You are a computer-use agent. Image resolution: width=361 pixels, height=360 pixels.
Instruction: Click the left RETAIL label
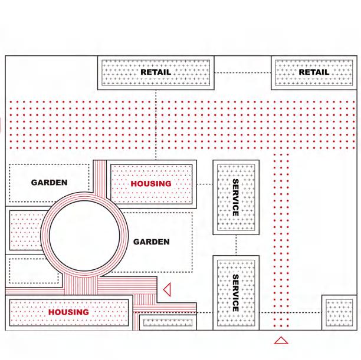[156, 72]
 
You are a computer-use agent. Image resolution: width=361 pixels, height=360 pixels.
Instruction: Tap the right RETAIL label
[314, 72]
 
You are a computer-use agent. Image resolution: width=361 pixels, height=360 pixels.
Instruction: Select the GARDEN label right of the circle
[151, 242]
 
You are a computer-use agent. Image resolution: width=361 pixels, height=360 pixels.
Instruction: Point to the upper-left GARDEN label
[49, 183]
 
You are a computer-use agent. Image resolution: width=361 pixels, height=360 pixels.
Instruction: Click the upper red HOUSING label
[151, 184]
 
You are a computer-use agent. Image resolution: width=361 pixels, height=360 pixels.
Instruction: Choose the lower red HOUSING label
[68, 312]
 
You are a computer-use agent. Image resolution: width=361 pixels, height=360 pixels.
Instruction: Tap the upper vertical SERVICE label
[235, 197]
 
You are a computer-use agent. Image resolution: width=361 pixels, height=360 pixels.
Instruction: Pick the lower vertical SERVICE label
[235, 293]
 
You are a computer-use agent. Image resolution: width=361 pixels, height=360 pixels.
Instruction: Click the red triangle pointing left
[167, 289]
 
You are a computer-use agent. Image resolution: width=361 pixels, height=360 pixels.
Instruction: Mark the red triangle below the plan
[281, 339]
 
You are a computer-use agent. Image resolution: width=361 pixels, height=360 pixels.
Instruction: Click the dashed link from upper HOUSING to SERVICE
[204, 184]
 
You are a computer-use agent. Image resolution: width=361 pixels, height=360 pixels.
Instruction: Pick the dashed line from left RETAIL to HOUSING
[156, 124]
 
